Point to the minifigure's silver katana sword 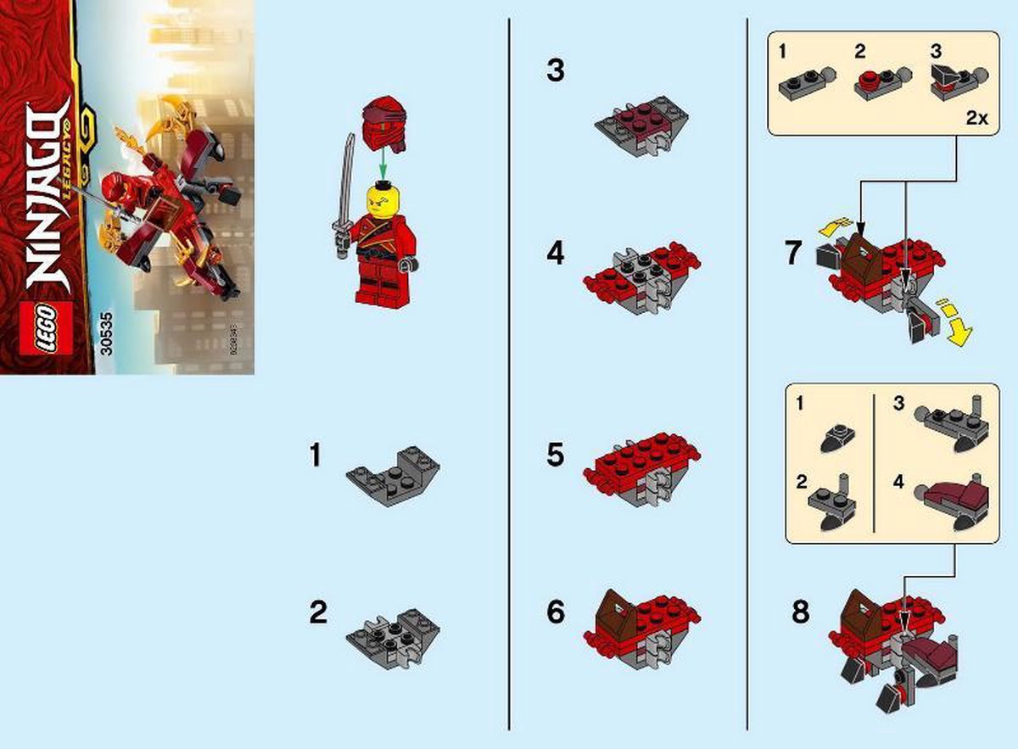[344, 196]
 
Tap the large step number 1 [316, 456]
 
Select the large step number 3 [555, 71]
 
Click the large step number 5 [555, 456]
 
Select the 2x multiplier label [977, 119]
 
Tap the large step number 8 [800, 612]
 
